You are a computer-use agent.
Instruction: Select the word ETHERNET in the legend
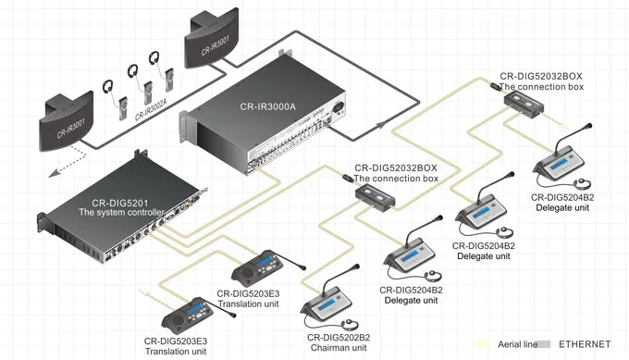click(x=584, y=344)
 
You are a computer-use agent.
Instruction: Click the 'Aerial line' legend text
click(x=517, y=344)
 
